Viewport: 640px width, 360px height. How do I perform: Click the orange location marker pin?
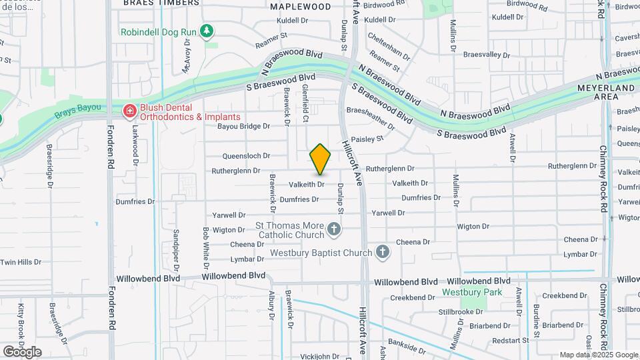(320, 159)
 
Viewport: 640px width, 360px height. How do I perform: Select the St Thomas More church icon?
(334, 231)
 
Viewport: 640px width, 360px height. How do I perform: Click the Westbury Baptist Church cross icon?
(382, 252)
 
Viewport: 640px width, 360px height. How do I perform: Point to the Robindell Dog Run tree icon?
(207, 31)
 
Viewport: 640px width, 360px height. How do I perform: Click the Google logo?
(22, 351)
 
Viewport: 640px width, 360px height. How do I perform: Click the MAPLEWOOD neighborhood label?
(300, 7)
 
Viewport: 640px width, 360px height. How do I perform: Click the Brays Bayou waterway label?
(78, 107)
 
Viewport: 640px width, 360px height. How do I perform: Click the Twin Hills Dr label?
(17, 262)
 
